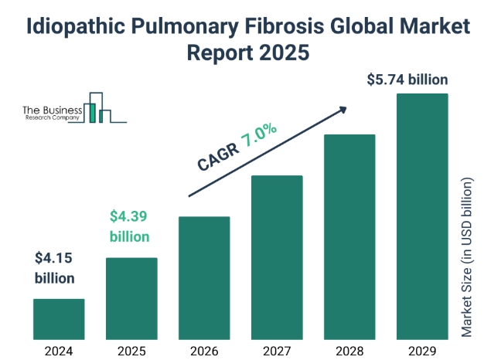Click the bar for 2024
coord(59,319)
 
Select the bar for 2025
coord(131,298)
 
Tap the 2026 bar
coord(204,278)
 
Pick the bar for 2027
coord(277,257)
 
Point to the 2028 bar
coord(349,236)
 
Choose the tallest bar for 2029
coord(422,216)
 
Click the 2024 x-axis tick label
coord(59,350)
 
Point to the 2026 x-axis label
coord(204,350)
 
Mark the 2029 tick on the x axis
coord(422,350)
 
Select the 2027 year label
coord(277,350)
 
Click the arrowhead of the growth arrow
coord(342,110)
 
